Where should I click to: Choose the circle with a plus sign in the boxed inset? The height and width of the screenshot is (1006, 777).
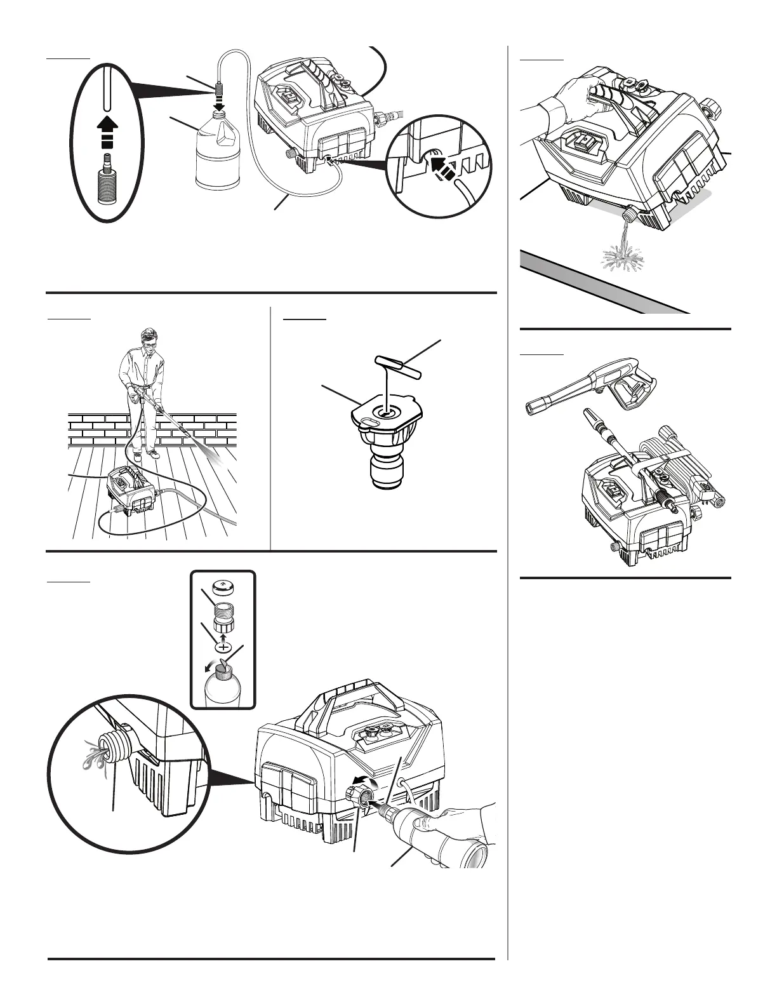[x=223, y=647]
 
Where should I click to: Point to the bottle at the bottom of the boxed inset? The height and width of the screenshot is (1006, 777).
[x=223, y=686]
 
